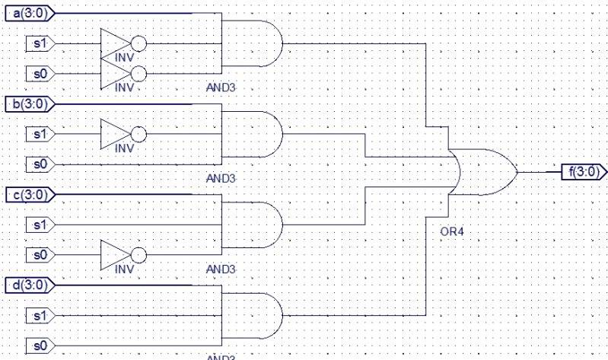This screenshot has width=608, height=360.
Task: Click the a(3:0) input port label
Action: (28, 13)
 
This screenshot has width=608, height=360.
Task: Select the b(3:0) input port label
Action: (28, 104)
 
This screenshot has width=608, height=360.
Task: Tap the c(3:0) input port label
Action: (28, 194)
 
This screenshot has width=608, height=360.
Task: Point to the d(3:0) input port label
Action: (28, 285)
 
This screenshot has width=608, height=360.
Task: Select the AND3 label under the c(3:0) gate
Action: (221, 269)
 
